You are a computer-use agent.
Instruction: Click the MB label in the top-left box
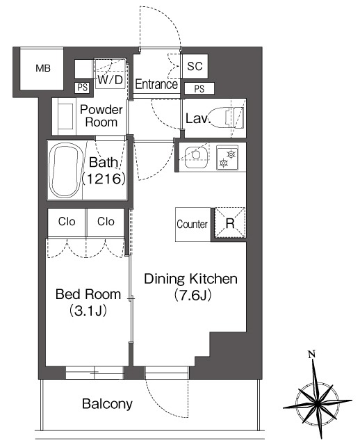(43, 68)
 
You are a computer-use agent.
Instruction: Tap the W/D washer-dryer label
(110, 80)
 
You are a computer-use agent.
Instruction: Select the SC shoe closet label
(195, 66)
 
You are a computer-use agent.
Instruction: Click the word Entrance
(156, 84)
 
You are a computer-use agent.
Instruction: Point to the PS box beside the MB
(83, 88)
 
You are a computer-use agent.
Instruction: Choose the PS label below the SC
(199, 89)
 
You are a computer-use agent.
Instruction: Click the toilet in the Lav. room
(228, 118)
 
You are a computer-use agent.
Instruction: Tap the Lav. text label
(198, 118)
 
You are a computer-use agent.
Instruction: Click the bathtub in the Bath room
(65, 170)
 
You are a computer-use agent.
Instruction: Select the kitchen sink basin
(196, 157)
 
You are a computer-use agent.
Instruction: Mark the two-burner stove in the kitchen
(227, 158)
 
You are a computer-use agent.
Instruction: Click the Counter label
(192, 224)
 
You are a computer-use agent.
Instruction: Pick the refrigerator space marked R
(230, 223)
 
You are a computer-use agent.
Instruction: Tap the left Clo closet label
(67, 221)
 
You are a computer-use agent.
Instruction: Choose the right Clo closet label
(106, 221)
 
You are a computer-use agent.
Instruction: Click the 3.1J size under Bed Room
(88, 311)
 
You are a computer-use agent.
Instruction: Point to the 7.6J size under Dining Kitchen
(193, 296)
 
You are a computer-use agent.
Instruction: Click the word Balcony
(107, 404)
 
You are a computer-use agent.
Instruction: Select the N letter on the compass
(312, 354)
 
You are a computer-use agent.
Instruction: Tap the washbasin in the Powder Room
(65, 116)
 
